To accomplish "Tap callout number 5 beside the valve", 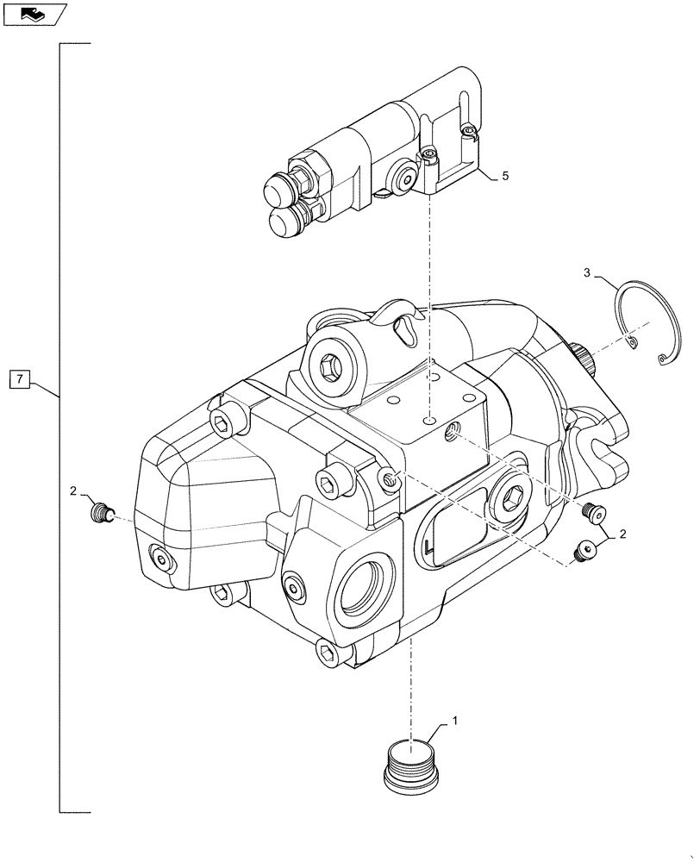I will tap(505, 176).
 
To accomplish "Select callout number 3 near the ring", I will tap(586, 273).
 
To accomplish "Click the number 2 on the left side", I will tap(73, 490).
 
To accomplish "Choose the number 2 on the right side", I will tap(622, 534).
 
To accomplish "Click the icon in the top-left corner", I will tap(33, 13).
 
